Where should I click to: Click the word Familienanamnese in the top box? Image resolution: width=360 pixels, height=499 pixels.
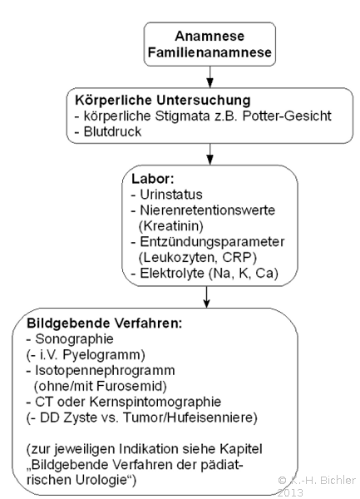210,52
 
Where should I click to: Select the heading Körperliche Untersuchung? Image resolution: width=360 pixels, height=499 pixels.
163,101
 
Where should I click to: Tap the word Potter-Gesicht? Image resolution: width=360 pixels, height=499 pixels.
287,116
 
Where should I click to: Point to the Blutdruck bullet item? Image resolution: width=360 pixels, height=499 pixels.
108,131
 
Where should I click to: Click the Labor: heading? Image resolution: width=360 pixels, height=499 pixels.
153,179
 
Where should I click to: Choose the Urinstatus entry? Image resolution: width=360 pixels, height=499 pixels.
167,195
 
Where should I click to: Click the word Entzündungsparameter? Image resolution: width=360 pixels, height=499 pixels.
212,242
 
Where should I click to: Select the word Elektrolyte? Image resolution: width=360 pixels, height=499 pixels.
172,274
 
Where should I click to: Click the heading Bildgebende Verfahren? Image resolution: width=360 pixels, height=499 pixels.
105,324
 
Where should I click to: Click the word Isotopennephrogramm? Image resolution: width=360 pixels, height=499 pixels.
105,371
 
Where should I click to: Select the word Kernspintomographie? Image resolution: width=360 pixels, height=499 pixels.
155,402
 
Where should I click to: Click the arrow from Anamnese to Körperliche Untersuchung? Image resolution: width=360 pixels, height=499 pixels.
210,77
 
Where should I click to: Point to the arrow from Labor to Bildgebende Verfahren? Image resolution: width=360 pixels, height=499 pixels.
207,297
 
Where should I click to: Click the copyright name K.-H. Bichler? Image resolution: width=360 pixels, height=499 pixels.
322,480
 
